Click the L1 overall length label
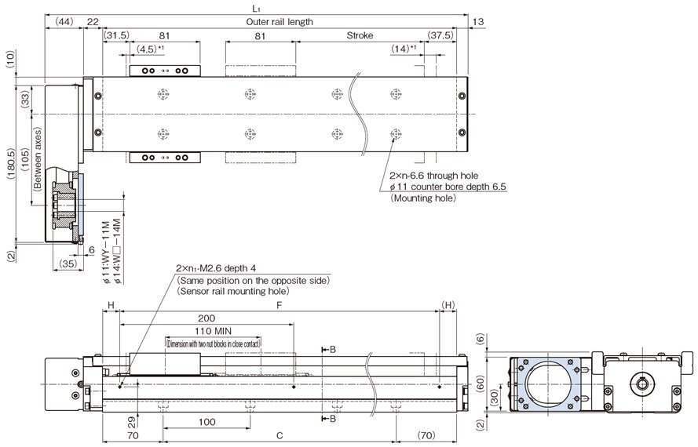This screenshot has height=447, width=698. pos(256,7)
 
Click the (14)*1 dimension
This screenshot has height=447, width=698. pos(404,49)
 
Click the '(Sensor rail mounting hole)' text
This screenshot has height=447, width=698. pos(233,291)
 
